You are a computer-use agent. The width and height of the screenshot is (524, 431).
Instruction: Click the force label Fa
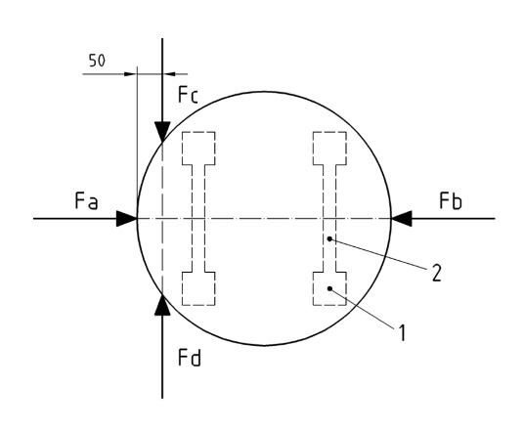click(x=86, y=201)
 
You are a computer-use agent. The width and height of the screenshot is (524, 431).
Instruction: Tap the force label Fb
click(x=451, y=201)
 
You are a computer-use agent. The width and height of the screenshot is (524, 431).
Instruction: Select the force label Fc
click(x=189, y=95)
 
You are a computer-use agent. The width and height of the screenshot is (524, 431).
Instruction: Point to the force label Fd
click(x=190, y=358)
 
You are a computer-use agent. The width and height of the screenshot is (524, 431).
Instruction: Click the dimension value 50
click(x=97, y=61)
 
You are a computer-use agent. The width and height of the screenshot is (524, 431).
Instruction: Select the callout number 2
click(x=436, y=273)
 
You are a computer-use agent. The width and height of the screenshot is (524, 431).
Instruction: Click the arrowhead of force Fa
click(x=127, y=219)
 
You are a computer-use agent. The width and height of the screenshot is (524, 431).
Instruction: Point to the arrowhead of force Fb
click(x=402, y=219)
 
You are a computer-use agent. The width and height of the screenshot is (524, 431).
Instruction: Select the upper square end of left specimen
click(x=198, y=149)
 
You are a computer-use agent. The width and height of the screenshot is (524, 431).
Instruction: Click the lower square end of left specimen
click(x=198, y=288)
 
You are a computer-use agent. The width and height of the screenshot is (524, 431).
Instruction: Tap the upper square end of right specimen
click(x=329, y=149)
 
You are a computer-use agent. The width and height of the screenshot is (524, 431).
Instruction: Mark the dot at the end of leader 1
click(x=329, y=288)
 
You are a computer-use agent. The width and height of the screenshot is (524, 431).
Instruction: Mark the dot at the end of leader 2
click(x=329, y=238)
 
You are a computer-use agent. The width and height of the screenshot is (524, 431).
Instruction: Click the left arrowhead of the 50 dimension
click(x=131, y=74)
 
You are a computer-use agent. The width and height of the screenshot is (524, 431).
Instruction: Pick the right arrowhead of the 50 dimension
click(x=169, y=74)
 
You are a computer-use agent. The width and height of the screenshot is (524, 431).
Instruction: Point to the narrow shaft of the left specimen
click(x=198, y=219)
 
